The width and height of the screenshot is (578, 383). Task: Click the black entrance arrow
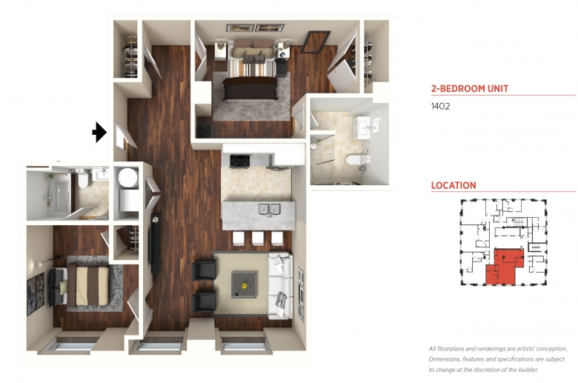(99, 132)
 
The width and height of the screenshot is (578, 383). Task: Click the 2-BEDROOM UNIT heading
(470, 88)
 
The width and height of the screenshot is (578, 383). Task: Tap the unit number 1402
(440, 106)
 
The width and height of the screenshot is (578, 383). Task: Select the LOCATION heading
(454, 185)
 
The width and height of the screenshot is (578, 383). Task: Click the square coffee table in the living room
(244, 284)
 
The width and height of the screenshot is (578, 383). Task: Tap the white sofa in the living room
(280, 285)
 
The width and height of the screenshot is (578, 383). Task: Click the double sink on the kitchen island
(270, 209)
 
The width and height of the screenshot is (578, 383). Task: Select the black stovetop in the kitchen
(240, 161)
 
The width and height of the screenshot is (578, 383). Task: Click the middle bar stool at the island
(258, 238)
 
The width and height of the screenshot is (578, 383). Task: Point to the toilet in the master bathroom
(358, 160)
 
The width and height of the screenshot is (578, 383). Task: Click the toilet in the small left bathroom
(83, 178)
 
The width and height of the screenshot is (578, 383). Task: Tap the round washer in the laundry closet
(127, 177)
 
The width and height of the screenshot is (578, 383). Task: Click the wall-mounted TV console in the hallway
(156, 243)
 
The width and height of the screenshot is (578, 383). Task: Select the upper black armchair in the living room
(204, 270)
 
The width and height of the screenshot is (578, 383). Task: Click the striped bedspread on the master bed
(252, 68)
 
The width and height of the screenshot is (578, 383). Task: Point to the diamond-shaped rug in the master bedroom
(315, 42)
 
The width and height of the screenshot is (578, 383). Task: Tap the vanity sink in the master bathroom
(362, 127)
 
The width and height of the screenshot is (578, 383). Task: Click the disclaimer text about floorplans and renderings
(498, 359)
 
